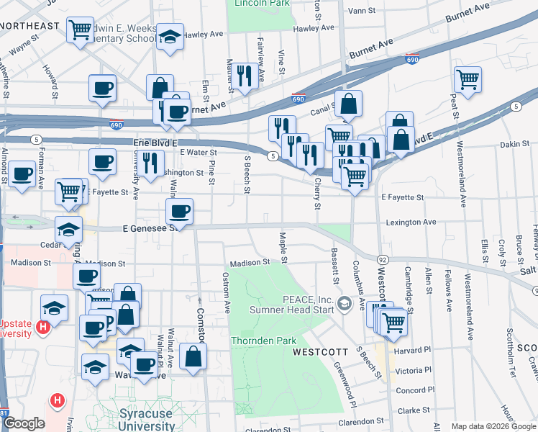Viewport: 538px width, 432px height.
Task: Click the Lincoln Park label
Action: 260,3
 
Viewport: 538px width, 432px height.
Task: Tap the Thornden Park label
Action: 260,341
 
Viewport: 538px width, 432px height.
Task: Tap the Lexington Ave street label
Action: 410,222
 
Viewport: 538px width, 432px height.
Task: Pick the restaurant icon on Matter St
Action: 244,76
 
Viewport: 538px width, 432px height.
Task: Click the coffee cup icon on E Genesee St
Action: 179,212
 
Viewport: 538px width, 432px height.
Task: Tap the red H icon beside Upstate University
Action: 42,327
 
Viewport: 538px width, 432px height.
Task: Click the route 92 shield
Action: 382,258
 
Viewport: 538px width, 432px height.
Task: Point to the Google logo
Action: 24,423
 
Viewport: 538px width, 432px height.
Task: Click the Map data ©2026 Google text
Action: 493,426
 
